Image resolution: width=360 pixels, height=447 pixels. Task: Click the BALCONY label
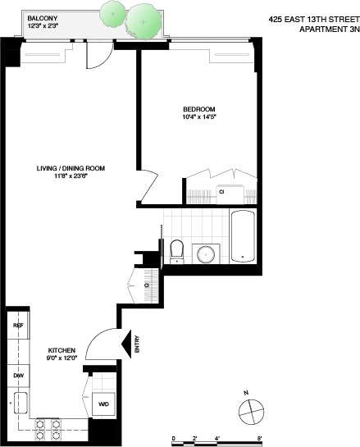pyautogui.click(x=41, y=17)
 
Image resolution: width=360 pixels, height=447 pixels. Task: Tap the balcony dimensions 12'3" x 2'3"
pyautogui.click(x=43, y=25)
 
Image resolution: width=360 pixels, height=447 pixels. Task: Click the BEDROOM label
pyautogui.click(x=199, y=109)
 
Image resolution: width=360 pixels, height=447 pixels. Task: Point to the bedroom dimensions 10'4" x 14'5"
pyautogui.click(x=199, y=117)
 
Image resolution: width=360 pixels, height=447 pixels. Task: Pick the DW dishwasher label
pyautogui.click(x=17, y=375)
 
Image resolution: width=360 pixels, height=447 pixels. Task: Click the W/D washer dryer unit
pyautogui.click(x=104, y=404)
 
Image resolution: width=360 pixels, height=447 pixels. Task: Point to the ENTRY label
pyautogui.click(x=137, y=348)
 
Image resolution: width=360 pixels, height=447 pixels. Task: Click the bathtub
pyautogui.click(x=244, y=238)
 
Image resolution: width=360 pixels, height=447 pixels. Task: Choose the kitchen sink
pyautogui.click(x=20, y=404)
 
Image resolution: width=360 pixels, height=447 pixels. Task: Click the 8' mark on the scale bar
pyautogui.click(x=259, y=438)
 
